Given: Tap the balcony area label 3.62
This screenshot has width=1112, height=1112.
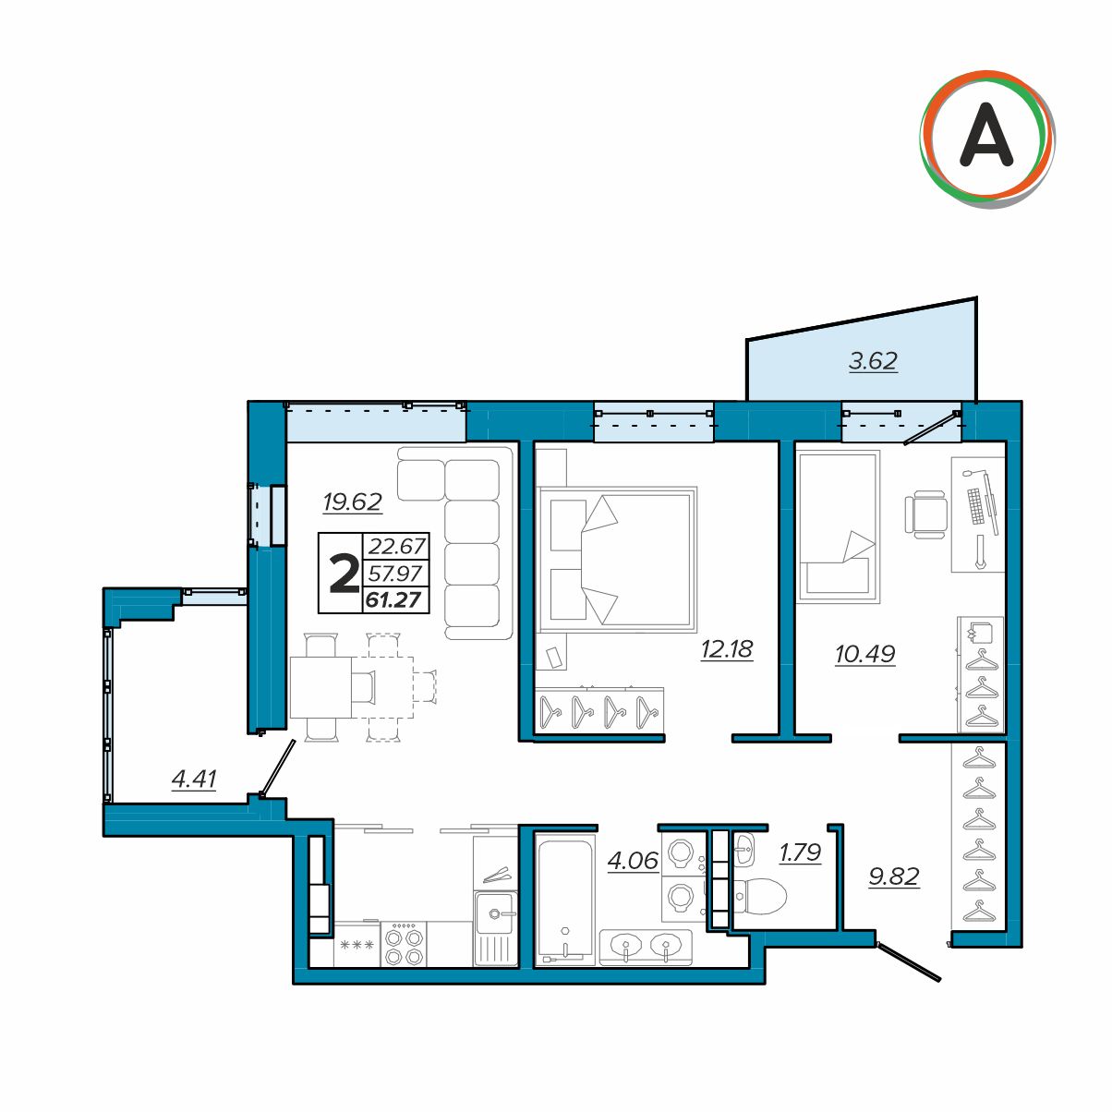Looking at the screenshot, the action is pos(873,361).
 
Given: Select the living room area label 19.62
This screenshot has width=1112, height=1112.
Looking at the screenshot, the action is pos(352,502).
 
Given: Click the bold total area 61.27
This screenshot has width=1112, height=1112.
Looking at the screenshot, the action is pos(394,600).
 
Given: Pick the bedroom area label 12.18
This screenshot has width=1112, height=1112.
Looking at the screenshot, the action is pos(727,649).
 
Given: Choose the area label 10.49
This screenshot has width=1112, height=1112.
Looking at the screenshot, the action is pos(865,655).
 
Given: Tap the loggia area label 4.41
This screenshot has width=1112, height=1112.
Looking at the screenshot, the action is pos(194,779).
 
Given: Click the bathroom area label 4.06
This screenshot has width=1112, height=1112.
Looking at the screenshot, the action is pos(633,861).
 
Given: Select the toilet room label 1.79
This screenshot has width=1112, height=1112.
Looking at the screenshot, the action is pos(800,852).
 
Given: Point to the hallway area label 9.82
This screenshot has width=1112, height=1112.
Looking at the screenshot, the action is pos(894,876).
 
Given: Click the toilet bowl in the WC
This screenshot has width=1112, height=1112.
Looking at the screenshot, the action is pos(761,896).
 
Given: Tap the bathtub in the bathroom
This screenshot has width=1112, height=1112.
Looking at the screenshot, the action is pos(565,902).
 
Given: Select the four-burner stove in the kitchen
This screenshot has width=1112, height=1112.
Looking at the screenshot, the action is pos(404,944).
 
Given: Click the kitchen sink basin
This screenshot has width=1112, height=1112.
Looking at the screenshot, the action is pos(494,913).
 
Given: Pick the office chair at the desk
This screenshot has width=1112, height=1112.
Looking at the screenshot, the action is pos(925,514).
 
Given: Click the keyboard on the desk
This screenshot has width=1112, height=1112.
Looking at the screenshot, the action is pos(975,506).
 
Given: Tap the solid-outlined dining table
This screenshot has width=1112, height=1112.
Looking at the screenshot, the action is pos(320,687).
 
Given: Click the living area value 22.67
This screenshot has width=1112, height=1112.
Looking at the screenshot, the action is pos(397,546).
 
